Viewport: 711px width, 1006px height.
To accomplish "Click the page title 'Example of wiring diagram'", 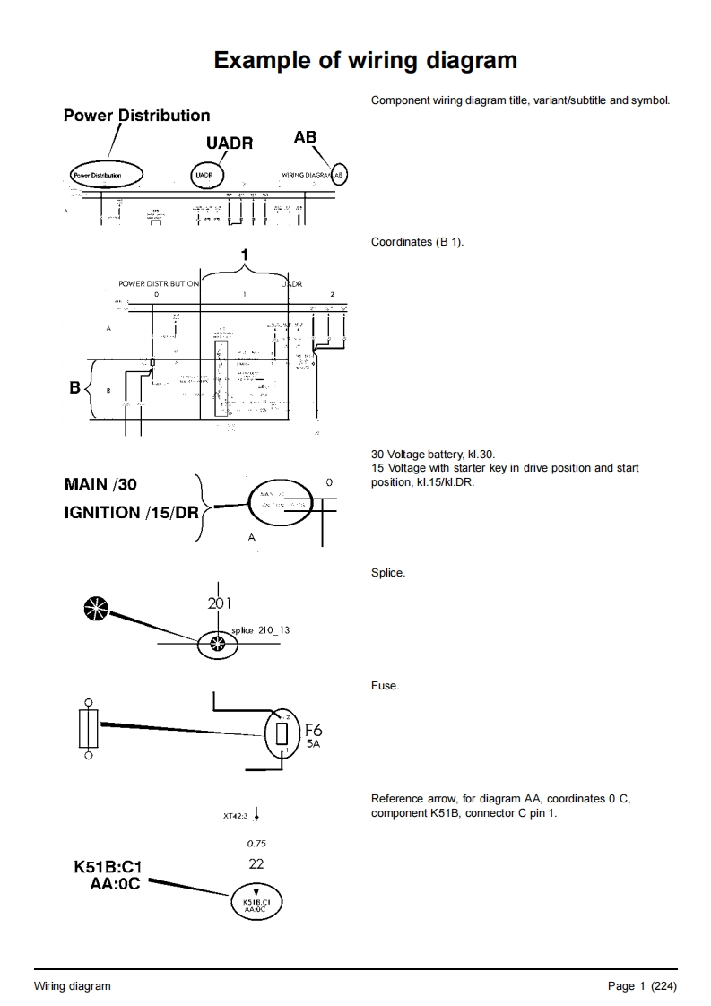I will [366, 60].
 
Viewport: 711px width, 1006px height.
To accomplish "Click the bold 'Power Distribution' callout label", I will [136, 116].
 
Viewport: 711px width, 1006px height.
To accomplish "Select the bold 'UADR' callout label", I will [230, 143].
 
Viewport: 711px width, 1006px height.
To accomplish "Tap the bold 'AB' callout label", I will [305, 137].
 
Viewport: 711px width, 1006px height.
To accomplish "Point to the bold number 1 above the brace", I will [245, 256].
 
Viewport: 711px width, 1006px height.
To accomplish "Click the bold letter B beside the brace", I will [75, 388].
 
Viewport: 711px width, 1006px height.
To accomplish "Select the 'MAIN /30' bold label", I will [100, 484].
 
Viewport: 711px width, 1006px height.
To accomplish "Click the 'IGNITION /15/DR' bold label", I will [131, 513].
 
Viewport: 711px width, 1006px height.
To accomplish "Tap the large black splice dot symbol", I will [94, 608].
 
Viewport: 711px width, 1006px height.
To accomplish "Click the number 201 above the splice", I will [220, 603].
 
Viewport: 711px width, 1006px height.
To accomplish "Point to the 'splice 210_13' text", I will [260, 630].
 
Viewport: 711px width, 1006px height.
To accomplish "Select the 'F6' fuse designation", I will [314, 731].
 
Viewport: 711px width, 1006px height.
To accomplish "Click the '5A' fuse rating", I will [313, 744].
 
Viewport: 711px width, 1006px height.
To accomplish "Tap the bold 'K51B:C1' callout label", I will [108, 868].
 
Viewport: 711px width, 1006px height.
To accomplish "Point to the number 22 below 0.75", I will [256, 864].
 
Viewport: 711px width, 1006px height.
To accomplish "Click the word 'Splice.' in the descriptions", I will [387, 573].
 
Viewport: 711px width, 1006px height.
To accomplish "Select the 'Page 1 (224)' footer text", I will [642, 986].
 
